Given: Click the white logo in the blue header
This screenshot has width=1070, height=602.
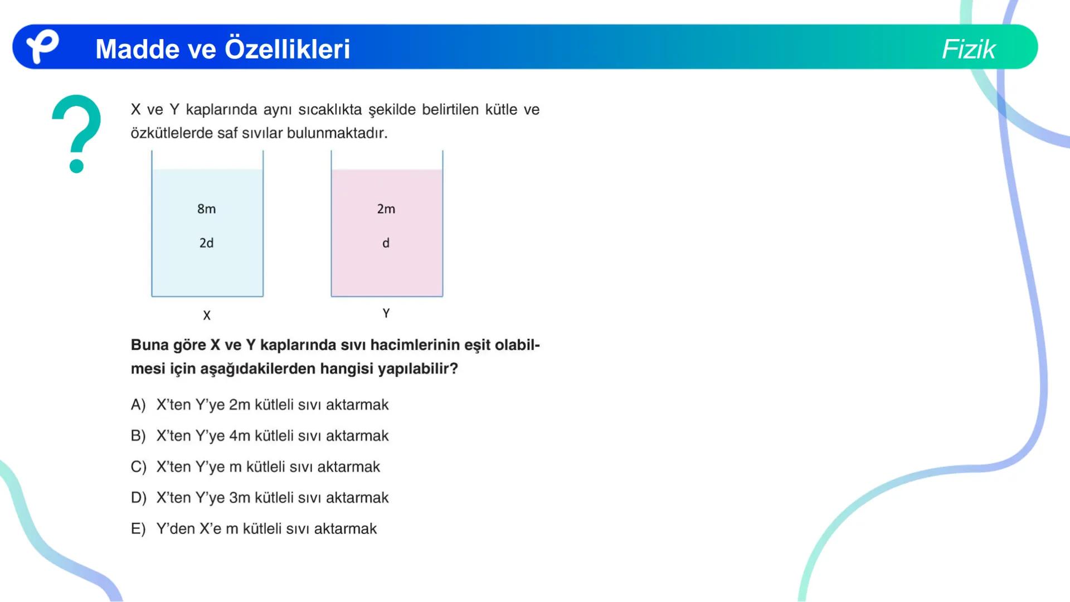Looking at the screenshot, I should click(x=42, y=46).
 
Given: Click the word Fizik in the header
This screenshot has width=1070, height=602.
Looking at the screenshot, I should click(x=968, y=49).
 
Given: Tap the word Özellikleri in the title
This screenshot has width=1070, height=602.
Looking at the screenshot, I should click(x=287, y=49).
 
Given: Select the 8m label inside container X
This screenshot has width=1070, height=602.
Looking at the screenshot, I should click(x=206, y=209).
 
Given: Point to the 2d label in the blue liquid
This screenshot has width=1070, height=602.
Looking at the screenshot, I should click(x=206, y=243).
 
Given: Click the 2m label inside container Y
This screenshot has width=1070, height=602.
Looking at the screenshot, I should click(x=386, y=209).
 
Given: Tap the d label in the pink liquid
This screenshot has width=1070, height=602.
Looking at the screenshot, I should click(x=386, y=243).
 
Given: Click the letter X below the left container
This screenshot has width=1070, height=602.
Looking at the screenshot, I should click(x=207, y=315).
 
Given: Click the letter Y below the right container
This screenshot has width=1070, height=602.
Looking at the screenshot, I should click(x=386, y=313).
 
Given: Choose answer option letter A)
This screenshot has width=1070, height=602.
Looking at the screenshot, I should click(x=138, y=405).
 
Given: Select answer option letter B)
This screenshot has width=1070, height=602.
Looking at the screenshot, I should click(x=138, y=436).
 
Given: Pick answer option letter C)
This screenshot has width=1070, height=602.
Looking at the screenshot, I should click(x=138, y=467).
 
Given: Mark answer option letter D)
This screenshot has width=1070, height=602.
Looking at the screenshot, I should click(x=138, y=498).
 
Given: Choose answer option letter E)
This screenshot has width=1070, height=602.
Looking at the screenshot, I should click(x=138, y=528).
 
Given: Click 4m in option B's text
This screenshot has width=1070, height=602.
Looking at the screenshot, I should click(x=240, y=436).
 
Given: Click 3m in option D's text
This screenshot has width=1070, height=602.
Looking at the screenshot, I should click(x=240, y=498).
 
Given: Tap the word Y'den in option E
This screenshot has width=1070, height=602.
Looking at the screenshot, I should click(x=175, y=528).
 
